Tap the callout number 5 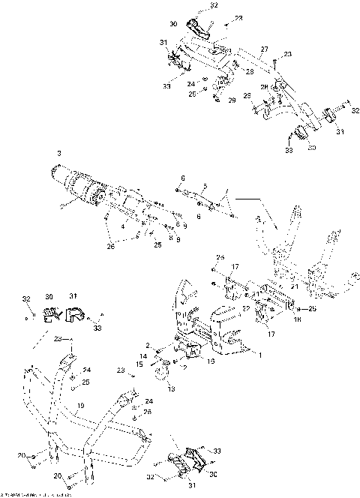click(x=203, y=187)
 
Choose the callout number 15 click(x=140, y=364)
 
